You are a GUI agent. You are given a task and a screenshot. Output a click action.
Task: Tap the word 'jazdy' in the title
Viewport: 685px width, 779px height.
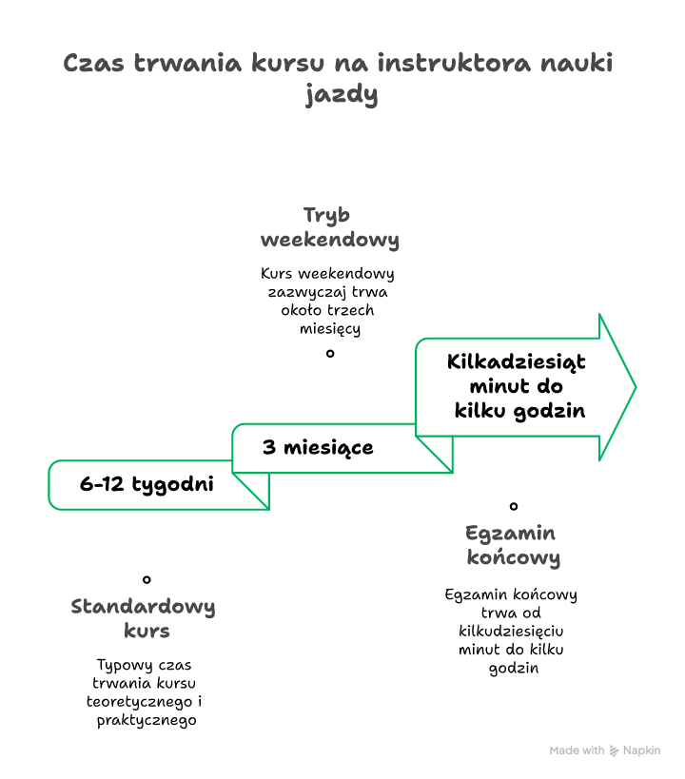[342, 95]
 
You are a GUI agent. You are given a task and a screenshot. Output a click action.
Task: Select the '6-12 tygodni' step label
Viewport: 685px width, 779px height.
[147, 484]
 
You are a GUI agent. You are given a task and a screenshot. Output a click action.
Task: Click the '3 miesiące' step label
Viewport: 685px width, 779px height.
[318, 447]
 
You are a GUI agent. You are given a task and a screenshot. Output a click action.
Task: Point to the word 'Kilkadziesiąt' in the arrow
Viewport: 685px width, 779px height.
[517, 362]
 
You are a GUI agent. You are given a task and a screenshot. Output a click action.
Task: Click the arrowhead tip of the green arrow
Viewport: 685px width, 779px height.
[634, 387]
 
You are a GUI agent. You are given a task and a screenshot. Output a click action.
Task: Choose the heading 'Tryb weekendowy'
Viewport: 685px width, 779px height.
[329, 226]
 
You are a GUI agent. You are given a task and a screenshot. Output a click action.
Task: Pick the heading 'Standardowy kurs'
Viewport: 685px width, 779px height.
[144, 618]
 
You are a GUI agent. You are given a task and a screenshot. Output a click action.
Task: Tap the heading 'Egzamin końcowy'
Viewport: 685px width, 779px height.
[512, 545]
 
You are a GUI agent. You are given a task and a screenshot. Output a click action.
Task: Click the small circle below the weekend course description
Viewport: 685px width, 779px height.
[330, 353]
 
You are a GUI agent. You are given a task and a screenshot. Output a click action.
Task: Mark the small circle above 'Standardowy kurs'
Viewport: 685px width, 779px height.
[147, 578]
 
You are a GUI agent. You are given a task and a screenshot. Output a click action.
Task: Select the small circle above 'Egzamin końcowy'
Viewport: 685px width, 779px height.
[514, 506]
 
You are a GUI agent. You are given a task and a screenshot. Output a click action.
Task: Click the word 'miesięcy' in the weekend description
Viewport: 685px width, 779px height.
[329, 328]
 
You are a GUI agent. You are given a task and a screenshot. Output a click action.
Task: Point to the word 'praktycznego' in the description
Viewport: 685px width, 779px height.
[147, 720]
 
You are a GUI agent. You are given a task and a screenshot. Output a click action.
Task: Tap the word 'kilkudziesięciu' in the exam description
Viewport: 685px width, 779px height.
[512, 631]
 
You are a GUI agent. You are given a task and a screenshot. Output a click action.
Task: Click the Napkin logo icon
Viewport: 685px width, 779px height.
[615, 750]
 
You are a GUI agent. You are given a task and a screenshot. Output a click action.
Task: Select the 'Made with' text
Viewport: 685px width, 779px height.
[577, 750]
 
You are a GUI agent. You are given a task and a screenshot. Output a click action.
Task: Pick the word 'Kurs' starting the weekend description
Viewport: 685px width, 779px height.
[276, 274]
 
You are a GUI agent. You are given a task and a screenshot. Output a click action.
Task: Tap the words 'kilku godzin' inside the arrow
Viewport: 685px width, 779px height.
[519, 411]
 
